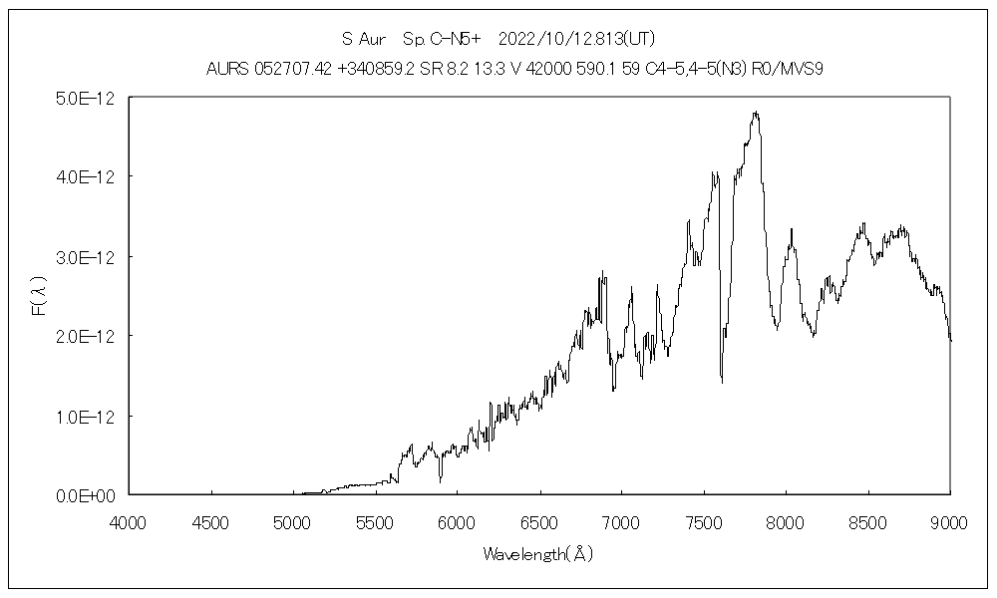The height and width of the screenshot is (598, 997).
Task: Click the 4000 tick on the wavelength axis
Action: tap(129, 520)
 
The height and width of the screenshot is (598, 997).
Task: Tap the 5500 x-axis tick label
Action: tap(375, 520)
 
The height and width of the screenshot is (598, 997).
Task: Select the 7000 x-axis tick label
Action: tap(621, 520)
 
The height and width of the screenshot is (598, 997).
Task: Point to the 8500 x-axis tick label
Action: tap(867, 520)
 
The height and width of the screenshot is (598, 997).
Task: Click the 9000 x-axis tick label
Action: tap(949, 520)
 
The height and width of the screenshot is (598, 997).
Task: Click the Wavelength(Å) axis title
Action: tap(538, 554)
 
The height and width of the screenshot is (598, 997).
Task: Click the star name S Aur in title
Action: tap(363, 40)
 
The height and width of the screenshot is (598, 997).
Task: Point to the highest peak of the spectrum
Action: tap(756, 113)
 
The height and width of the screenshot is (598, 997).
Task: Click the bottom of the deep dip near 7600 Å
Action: tap(722, 381)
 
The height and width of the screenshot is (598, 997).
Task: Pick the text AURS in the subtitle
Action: tap(224, 69)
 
